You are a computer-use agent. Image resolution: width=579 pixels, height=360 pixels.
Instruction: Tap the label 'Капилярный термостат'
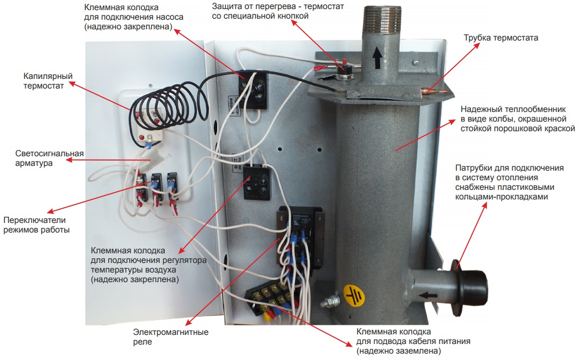pos(47,81)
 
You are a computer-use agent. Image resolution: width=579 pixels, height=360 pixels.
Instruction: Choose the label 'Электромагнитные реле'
pos(170,337)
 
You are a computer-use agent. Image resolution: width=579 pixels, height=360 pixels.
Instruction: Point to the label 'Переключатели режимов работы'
pos(36,225)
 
